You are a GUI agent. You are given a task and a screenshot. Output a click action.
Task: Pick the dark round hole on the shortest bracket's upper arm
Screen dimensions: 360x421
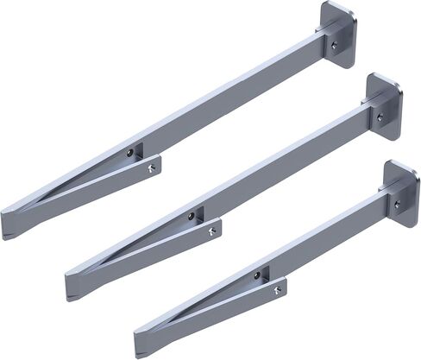(256, 276)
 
